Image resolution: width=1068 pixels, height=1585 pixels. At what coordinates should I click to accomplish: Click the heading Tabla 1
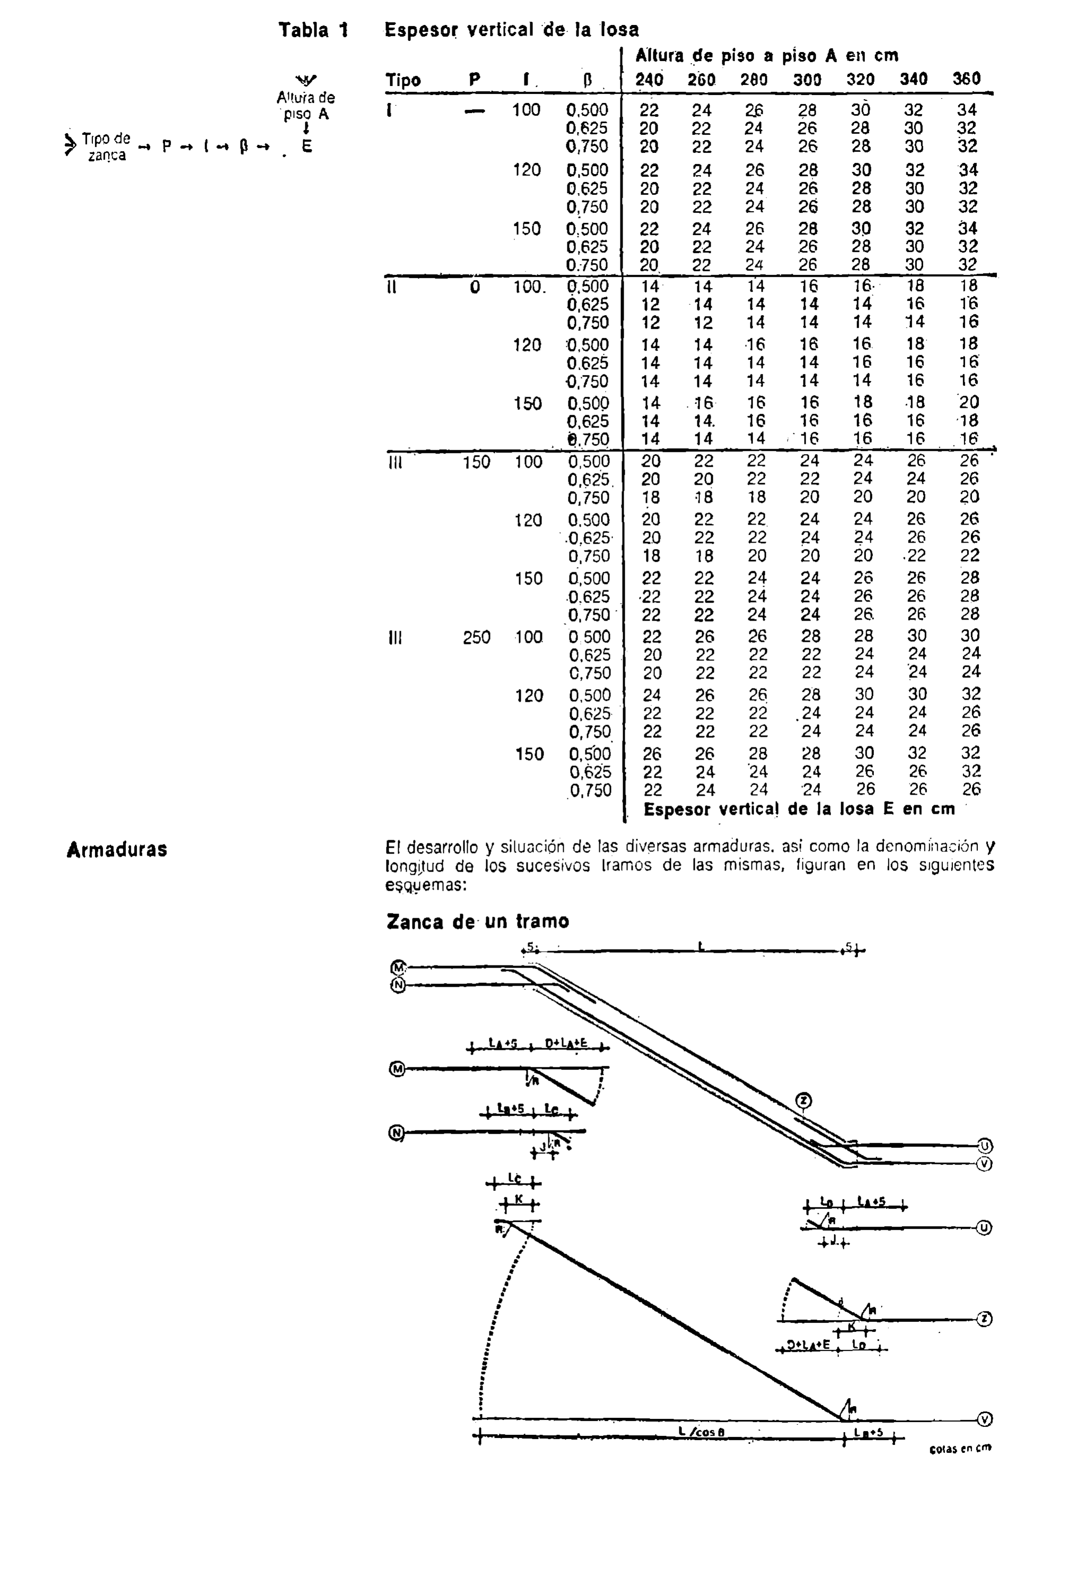[x=313, y=30]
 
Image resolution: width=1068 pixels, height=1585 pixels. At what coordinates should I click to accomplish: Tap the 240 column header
[x=649, y=80]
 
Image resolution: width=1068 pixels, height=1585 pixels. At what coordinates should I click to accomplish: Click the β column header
[x=588, y=81]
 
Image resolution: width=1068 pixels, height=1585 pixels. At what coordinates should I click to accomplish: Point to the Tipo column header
[x=403, y=81]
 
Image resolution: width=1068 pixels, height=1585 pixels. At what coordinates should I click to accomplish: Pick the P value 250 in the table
[x=476, y=638]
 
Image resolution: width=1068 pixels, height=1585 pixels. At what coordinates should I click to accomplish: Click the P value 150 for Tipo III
[x=476, y=463]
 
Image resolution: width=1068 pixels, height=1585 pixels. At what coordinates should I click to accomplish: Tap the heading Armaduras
[x=117, y=849]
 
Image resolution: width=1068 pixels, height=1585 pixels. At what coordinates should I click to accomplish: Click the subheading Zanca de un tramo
[x=477, y=921]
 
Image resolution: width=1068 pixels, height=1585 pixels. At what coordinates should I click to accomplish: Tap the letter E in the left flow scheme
[x=307, y=146]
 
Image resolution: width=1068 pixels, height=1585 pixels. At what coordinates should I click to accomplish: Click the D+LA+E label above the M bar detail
[x=567, y=1042]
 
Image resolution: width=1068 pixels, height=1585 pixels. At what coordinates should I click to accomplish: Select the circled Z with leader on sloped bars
[x=804, y=1100]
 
